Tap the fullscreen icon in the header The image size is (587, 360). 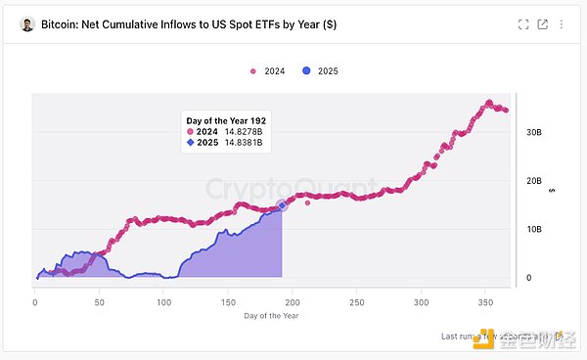(523, 23)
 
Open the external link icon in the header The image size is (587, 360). (542, 23)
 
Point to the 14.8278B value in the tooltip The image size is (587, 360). (242, 131)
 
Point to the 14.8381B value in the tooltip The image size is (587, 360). (242, 144)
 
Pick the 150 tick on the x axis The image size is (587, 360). (227, 302)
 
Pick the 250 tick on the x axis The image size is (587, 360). (356, 302)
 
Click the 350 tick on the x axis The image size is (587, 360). (485, 302)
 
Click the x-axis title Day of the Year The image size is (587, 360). (271, 316)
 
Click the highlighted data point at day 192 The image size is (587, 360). (282, 205)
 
